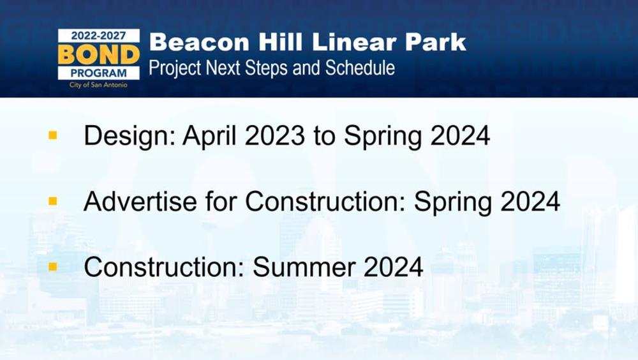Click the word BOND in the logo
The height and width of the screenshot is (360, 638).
tap(99, 54)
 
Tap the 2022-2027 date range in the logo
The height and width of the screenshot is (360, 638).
tap(98, 36)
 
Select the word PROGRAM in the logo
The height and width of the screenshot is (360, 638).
tap(98, 73)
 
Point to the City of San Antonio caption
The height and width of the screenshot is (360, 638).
tap(98, 85)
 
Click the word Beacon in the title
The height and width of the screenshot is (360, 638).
tap(199, 42)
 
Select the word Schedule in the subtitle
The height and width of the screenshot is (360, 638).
tap(360, 68)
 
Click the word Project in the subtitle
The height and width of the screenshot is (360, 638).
tap(175, 68)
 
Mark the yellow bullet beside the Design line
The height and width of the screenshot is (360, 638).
tap(53, 135)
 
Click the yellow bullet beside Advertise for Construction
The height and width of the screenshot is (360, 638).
tap(53, 201)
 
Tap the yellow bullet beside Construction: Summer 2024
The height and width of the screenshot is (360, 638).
tap(53, 267)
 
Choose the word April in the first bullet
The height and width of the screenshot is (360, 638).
tap(209, 136)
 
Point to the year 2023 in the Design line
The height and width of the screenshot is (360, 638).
tap(274, 135)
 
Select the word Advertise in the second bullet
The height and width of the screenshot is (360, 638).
tap(140, 201)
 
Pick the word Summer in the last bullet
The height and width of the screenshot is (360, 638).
tap(304, 267)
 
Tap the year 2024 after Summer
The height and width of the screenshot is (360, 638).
tap(394, 267)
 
